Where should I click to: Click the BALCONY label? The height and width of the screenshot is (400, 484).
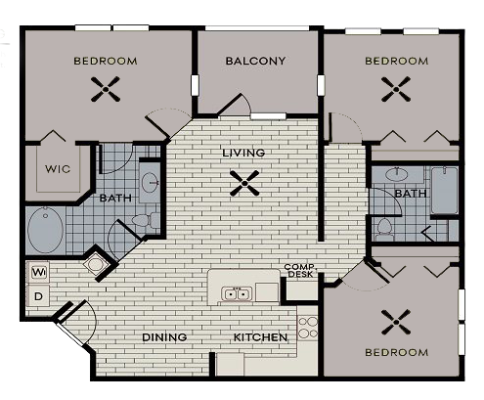(x=255, y=61)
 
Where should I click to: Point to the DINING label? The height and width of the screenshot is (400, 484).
(x=164, y=337)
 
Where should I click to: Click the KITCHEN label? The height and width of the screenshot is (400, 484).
(x=260, y=337)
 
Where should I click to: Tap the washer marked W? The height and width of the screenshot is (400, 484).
(x=39, y=271)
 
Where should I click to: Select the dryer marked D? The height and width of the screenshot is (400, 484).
(x=39, y=295)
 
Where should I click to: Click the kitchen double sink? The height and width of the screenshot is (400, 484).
(x=235, y=292)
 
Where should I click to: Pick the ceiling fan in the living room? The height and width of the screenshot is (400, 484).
(x=239, y=182)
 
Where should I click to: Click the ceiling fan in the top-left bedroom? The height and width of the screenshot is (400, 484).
(x=105, y=91)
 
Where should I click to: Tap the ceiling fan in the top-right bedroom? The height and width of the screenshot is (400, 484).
(x=396, y=91)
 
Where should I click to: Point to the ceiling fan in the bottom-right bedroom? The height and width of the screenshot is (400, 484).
(x=396, y=322)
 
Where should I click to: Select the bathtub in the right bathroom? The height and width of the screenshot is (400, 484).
(x=445, y=191)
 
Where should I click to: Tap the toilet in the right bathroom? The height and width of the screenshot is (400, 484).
(x=383, y=229)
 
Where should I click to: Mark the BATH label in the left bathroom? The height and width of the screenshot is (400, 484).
(x=115, y=199)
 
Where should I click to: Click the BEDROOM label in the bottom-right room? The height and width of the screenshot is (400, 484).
(x=396, y=352)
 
